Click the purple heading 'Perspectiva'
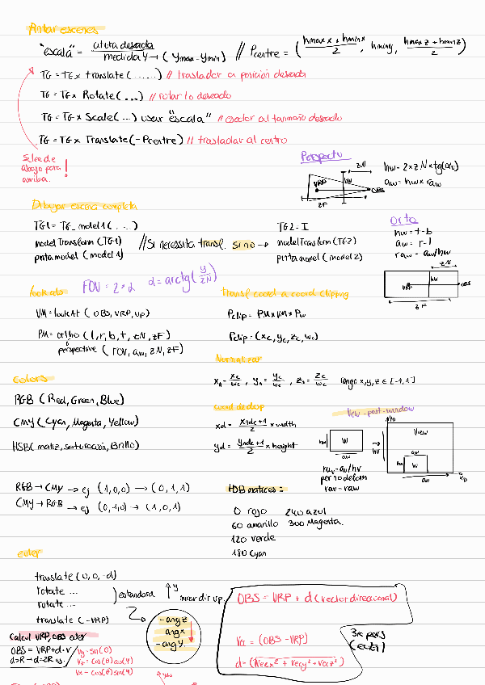[322, 156]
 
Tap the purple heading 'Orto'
[403, 219]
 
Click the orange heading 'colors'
[31, 379]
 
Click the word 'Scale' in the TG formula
[103, 117]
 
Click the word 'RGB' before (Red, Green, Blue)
[24, 399]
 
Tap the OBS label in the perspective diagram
[377, 191]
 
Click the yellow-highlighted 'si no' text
[242, 242]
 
